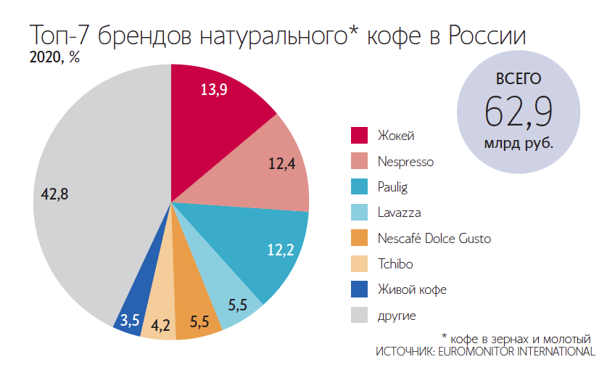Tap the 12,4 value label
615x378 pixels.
point(281,164)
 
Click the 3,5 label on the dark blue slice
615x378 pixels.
point(130,319)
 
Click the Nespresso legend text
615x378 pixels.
point(405,161)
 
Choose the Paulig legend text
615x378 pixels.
point(392,186)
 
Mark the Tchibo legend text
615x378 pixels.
point(395,264)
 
